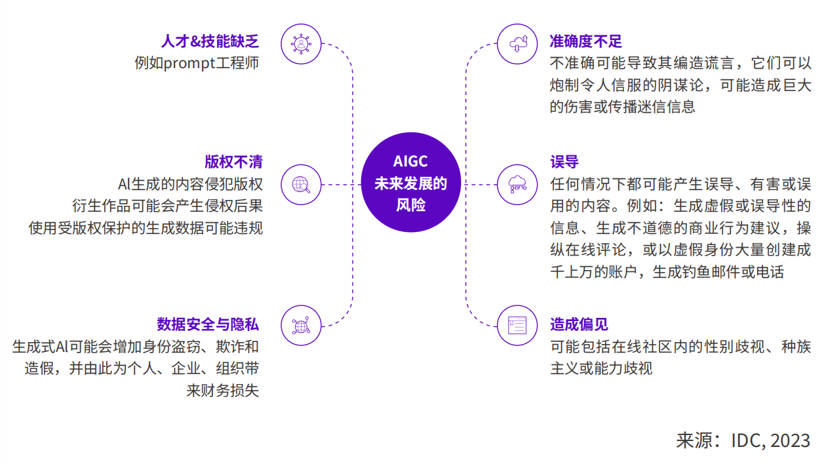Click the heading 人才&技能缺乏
(x=210, y=41)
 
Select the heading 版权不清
(x=233, y=162)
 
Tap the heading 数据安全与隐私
(x=208, y=324)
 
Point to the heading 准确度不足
(x=585, y=41)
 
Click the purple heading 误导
(x=564, y=162)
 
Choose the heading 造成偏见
(x=579, y=324)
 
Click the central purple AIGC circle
(x=411, y=182)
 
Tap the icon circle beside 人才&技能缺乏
(x=301, y=44)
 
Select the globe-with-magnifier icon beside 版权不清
(x=301, y=185)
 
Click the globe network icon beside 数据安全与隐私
(x=301, y=326)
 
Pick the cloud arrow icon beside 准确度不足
(x=517, y=44)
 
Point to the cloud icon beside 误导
(x=517, y=185)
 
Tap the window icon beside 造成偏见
(x=517, y=326)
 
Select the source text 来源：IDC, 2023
(x=743, y=440)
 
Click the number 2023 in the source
(x=790, y=440)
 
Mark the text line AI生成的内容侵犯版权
(x=190, y=184)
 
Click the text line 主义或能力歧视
(x=601, y=368)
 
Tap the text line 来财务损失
(x=223, y=391)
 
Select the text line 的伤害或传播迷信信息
(x=623, y=107)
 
